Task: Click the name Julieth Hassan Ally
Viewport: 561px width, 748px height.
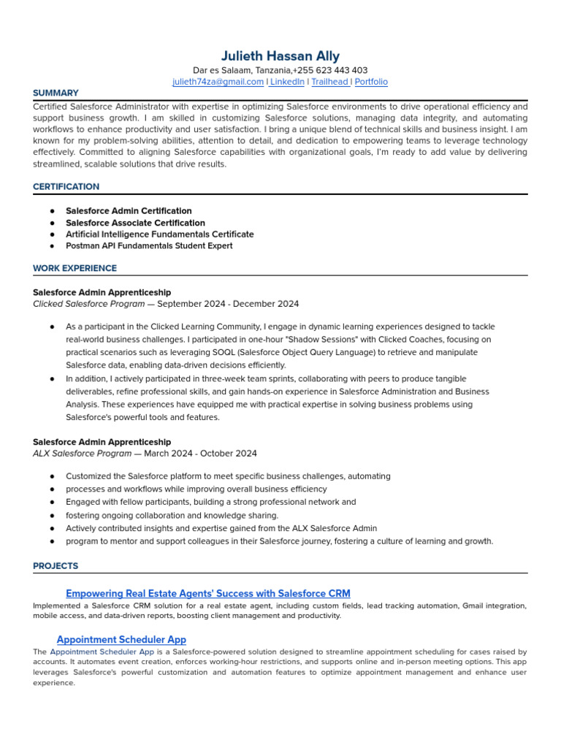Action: pos(280,56)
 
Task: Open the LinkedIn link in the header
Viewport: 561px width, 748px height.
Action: pos(287,82)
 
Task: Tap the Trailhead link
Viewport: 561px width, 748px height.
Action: pos(329,82)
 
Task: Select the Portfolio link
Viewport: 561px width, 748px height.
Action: pos(371,82)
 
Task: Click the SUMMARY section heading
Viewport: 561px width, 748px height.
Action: pos(56,93)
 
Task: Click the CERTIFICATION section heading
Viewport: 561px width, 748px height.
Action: pos(66,187)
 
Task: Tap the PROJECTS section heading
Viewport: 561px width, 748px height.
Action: pos(56,566)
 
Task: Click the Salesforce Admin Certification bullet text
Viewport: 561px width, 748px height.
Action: pos(129,211)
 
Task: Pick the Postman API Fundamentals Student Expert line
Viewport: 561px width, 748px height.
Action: pos(149,246)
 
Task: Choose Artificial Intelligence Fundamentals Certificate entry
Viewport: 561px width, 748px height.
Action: pos(159,234)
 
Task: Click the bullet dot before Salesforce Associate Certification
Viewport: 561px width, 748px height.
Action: pos(53,223)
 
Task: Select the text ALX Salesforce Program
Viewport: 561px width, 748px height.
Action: pos(82,454)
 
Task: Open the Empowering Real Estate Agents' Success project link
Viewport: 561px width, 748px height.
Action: pos(207,593)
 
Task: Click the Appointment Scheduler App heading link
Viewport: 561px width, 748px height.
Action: pos(121,639)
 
